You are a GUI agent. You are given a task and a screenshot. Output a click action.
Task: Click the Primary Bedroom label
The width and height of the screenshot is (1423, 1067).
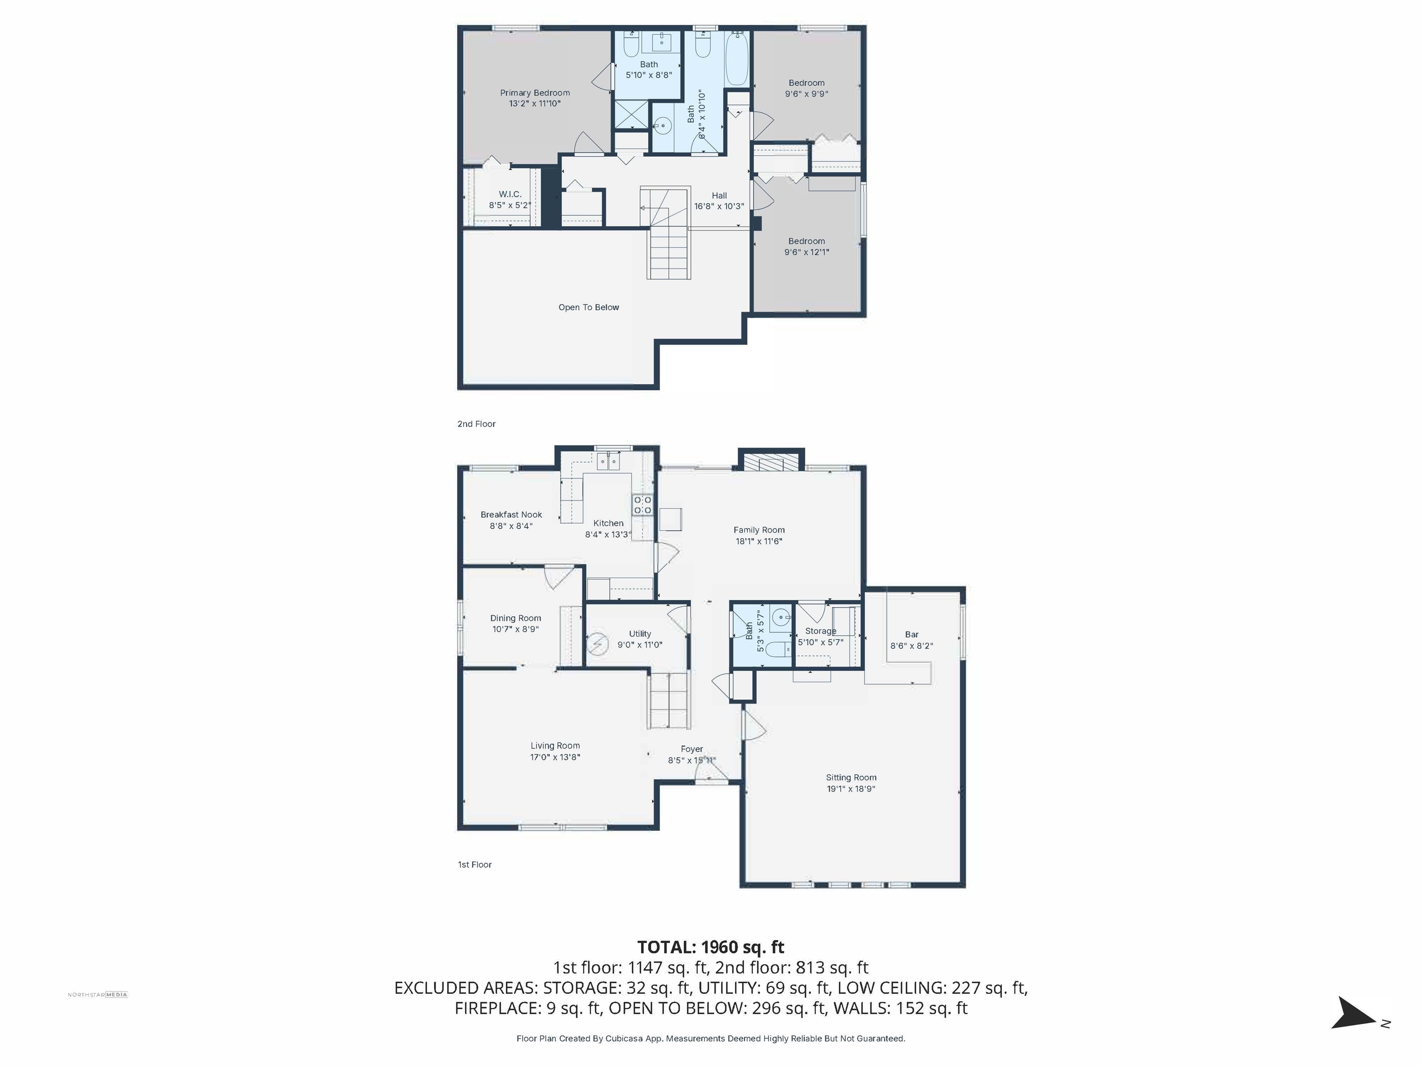(x=535, y=93)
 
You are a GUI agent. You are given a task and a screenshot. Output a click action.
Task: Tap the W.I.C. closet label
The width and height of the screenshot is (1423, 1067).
(x=510, y=194)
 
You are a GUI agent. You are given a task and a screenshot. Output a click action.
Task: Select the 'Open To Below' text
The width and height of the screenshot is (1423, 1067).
(x=589, y=308)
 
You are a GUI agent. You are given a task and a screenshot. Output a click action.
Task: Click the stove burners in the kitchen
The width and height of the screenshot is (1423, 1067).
(x=642, y=505)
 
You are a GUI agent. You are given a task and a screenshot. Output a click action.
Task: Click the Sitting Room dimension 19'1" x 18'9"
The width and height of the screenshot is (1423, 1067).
(x=851, y=789)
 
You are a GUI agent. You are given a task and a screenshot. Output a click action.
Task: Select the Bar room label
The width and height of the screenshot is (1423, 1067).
(x=912, y=634)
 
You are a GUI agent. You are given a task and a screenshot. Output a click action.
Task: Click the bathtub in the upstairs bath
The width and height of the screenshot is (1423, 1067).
(x=737, y=59)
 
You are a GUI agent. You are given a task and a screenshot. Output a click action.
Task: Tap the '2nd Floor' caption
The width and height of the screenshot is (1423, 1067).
(x=477, y=424)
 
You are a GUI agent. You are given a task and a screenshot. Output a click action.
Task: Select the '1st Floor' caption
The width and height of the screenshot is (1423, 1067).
(x=475, y=865)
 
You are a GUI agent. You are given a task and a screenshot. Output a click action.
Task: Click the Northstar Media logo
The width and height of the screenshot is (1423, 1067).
(x=98, y=994)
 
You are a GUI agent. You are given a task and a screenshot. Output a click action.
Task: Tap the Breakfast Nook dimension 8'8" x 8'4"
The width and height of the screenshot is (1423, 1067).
(x=511, y=526)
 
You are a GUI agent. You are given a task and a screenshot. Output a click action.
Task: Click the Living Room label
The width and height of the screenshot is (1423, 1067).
(x=555, y=746)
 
